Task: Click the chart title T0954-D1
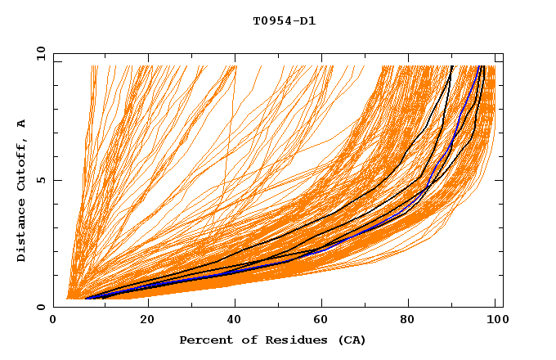(284, 20)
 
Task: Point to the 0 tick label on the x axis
(54, 321)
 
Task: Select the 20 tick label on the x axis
(147, 321)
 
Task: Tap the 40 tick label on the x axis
(235, 321)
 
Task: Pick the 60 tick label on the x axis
(324, 321)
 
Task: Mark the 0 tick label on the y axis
(41, 308)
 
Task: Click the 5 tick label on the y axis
(41, 181)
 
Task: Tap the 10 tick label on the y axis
(38, 54)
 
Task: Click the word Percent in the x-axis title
(204, 340)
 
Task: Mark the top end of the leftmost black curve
(451, 66)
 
